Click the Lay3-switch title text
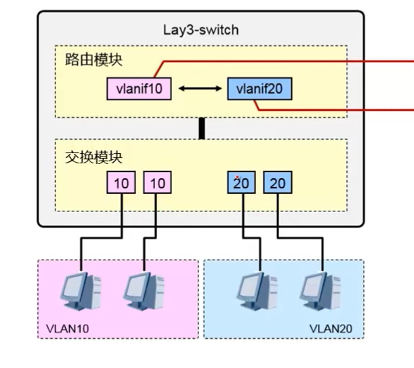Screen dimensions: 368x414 click(x=201, y=30)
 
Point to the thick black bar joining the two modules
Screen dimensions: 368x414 click(x=201, y=129)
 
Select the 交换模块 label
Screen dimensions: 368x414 click(x=85, y=157)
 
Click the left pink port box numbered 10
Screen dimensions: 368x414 click(x=121, y=182)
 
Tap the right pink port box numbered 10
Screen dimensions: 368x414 click(x=157, y=182)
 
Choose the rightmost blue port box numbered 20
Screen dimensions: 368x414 click(x=276, y=182)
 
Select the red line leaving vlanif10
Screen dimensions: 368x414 click(x=285, y=60)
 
